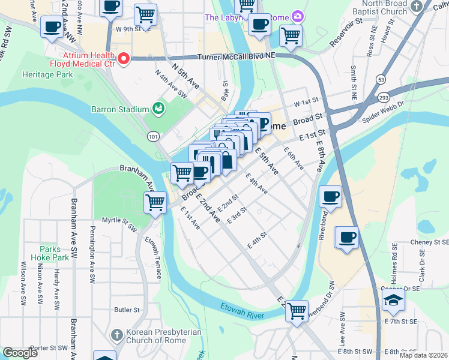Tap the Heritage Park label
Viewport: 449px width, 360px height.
47,75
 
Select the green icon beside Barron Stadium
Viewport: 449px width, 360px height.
158,109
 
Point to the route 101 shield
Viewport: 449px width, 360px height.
154,137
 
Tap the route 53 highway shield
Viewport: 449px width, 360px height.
381,79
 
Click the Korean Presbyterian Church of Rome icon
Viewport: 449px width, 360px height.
117,333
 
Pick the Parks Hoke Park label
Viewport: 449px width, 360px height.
55,253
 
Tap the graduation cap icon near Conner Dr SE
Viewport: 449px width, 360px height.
393,300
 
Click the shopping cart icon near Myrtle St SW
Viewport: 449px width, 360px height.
155,202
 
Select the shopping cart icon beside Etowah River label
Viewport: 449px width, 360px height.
297,311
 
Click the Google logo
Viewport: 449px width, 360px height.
20,353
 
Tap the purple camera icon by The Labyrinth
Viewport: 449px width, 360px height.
296,16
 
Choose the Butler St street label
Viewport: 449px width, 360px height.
127,310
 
